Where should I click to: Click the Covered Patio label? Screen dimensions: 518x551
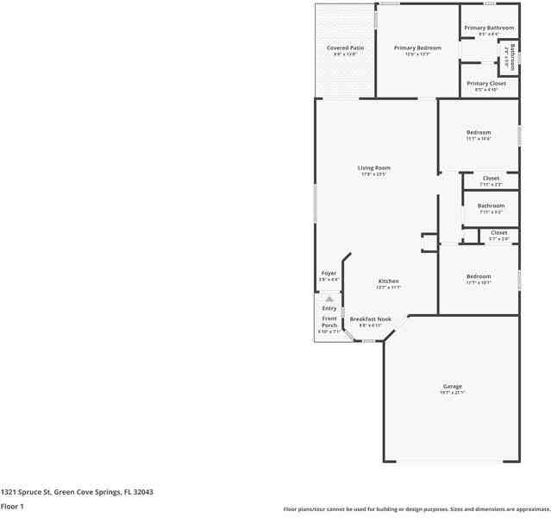click(x=344, y=47)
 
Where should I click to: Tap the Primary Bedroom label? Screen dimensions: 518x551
click(x=417, y=47)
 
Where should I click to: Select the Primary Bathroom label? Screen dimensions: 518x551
click(x=489, y=28)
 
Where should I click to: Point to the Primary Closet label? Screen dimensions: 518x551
click(x=488, y=83)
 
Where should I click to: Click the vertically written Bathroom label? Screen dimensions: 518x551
click(x=512, y=57)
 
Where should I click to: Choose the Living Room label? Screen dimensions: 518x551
click(x=374, y=167)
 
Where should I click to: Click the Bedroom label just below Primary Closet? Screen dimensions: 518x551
click(x=479, y=132)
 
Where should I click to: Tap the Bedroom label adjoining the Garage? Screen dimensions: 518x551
click(x=479, y=276)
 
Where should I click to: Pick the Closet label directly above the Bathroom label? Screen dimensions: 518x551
click(x=490, y=178)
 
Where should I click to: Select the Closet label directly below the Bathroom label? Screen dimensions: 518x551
click(x=498, y=232)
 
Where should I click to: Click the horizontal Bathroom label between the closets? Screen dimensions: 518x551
click(x=491, y=205)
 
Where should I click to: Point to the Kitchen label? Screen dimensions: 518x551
click(x=388, y=281)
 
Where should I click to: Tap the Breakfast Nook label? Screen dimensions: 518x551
click(x=370, y=319)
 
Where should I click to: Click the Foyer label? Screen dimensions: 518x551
click(x=329, y=273)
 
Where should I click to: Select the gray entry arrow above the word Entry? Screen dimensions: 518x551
click(x=329, y=299)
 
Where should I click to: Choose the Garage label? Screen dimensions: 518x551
click(x=453, y=386)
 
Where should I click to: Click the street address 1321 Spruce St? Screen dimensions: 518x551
click(x=77, y=491)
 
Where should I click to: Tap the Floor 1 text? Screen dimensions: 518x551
click(x=12, y=506)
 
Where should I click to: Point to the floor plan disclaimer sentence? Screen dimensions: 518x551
click(x=416, y=509)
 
